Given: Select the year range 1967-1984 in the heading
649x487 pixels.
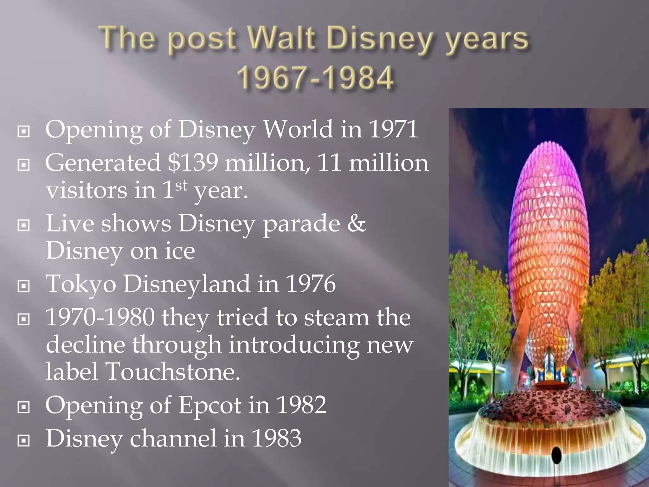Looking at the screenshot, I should [315, 78].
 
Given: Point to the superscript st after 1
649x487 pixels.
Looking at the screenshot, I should [181, 185].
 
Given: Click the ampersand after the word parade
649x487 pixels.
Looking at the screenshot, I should [357, 223].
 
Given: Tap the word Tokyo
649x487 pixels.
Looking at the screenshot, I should [81, 284].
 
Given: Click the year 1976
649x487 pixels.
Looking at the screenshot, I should [311, 284].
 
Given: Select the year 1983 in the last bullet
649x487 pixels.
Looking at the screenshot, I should [276, 438].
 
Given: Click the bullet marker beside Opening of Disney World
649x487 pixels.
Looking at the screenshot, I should [23, 131].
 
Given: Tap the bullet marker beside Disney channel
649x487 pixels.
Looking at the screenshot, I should [23, 440].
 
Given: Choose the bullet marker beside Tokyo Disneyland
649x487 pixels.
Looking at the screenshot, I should [23, 286].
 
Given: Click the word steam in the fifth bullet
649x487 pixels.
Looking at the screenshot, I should [337, 317].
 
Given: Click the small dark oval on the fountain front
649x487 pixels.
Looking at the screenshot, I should [556, 455].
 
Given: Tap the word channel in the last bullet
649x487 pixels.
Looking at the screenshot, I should [173, 438].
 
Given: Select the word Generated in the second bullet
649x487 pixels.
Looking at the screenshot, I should [103, 163].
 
